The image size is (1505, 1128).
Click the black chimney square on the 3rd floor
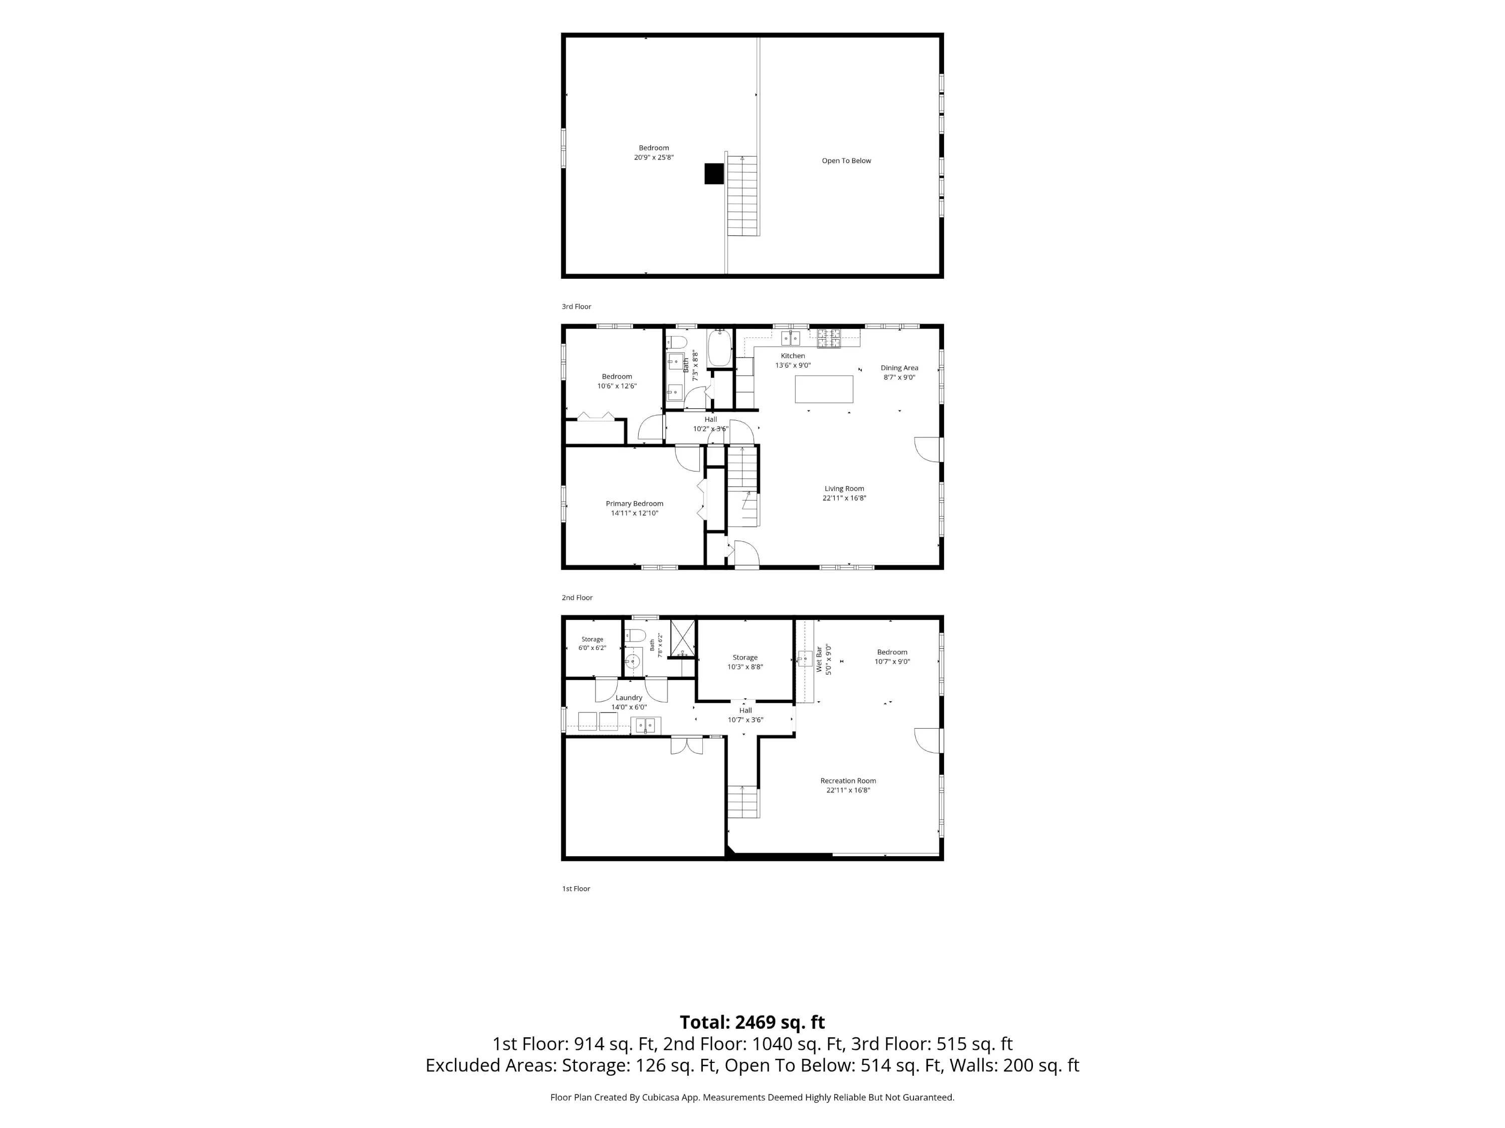pyautogui.click(x=714, y=174)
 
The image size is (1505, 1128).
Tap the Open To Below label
pyautogui.click(x=846, y=160)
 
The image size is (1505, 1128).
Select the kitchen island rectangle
pyautogui.click(x=824, y=389)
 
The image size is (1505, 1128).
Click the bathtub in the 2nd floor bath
pyautogui.click(x=719, y=349)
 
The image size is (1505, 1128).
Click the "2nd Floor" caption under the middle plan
pyautogui.click(x=577, y=597)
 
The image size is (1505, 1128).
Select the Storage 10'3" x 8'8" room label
pyautogui.click(x=745, y=662)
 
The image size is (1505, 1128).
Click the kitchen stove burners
pyautogui.click(x=829, y=338)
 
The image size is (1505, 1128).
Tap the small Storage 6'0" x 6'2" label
pyautogui.click(x=592, y=643)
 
